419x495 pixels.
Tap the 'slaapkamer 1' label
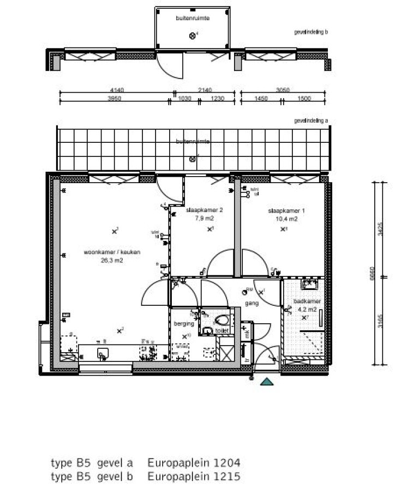(282, 210)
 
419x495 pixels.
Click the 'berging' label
(181, 323)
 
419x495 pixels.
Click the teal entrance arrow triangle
(266, 383)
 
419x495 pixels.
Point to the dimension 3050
(282, 90)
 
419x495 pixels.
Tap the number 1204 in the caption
(221, 463)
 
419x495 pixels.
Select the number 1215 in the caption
(221, 476)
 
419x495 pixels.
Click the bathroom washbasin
(312, 283)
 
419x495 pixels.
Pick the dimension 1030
(185, 99)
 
